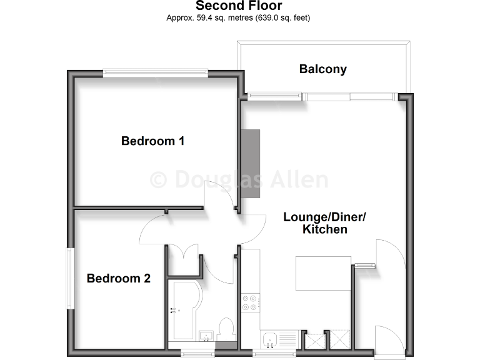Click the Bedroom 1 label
point(152,141)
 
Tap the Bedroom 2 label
point(118,278)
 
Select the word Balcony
point(322,69)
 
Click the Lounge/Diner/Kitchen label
point(324,223)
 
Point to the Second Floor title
point(239,6)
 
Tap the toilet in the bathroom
point(226,330)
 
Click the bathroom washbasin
point(206,337)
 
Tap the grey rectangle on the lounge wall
point(250,163)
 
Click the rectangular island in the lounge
point(323,274)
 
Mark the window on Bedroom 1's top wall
point(156,72)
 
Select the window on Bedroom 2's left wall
point(71,278)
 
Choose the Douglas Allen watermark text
point(239,180)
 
